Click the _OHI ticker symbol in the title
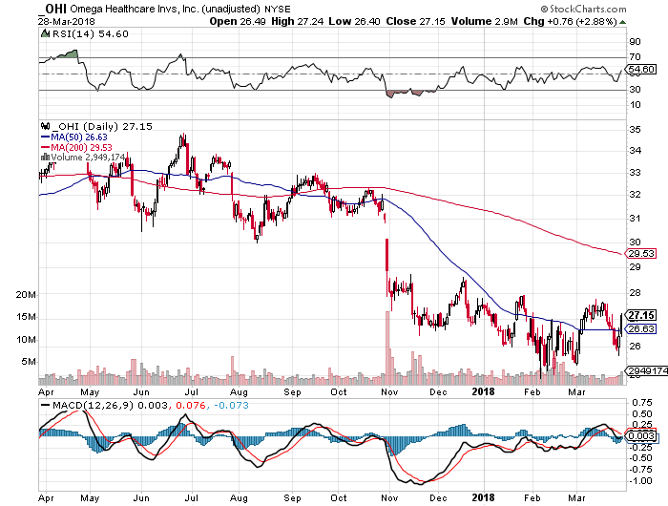click(52, 8)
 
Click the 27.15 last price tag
click(641, 314)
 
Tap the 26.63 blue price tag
click(640, 329)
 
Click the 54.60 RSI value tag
click(640, 69)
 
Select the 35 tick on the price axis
click(633, 129)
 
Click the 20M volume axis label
click(26, 295)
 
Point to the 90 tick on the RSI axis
click(633, 42)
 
